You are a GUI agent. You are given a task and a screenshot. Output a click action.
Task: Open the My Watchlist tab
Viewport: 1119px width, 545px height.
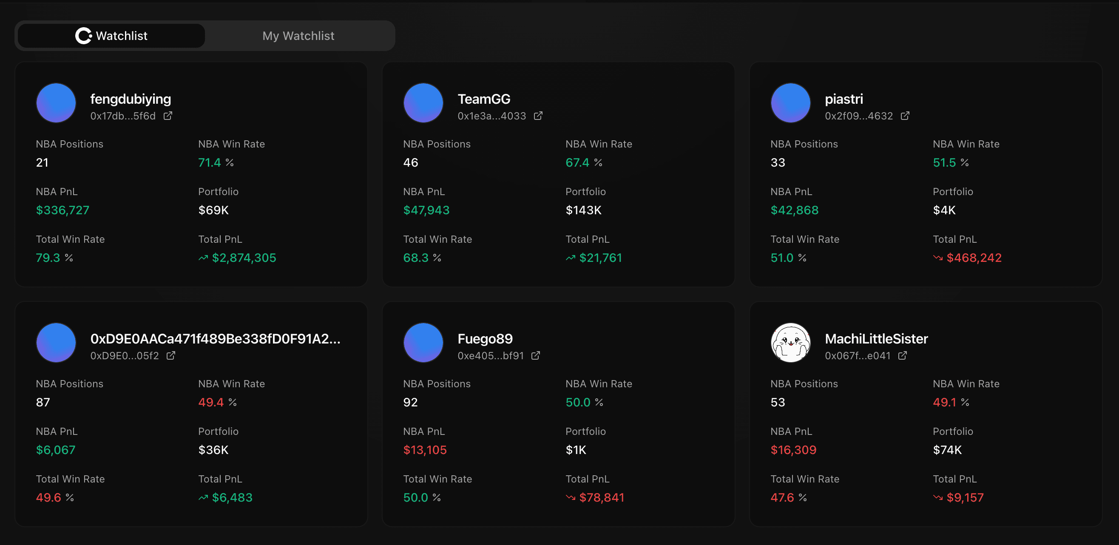298,36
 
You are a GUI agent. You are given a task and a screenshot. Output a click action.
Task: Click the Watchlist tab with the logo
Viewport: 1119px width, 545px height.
111,36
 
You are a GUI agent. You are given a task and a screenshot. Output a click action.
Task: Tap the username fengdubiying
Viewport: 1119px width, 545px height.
131,99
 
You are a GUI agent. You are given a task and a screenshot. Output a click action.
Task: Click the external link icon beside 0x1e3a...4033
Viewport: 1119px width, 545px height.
538,116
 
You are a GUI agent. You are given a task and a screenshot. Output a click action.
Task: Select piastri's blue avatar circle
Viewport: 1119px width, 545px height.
790,103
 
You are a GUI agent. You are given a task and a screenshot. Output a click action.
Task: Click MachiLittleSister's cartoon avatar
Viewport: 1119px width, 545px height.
790,343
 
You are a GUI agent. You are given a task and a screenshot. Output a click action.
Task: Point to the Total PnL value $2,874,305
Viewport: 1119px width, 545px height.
244,258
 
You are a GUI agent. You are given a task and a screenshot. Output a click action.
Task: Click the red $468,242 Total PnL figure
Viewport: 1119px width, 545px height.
974,258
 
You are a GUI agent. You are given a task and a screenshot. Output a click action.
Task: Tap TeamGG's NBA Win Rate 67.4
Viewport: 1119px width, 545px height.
577,162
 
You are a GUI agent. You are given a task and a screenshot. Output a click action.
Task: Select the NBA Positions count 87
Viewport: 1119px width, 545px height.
43,402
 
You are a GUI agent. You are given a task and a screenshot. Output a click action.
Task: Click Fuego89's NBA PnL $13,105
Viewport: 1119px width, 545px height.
425,450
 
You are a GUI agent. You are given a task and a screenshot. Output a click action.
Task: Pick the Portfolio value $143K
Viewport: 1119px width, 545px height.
583,210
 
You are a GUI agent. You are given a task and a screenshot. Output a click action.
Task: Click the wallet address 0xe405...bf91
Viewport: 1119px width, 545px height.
491,356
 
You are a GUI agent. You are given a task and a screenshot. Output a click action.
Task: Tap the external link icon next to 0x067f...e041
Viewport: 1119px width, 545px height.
903,356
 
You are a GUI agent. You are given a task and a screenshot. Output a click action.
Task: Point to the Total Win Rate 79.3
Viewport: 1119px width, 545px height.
48,258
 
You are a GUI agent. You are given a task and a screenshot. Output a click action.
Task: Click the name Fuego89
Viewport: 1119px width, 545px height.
485,339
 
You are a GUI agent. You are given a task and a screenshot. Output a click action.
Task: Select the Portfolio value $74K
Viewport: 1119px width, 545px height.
947,450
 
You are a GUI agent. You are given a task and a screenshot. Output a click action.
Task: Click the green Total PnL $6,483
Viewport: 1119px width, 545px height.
232,498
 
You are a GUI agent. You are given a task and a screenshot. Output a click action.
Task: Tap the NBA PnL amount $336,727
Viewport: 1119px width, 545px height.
62,210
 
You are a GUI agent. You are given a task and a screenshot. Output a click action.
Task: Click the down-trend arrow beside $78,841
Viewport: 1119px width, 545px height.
571,498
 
